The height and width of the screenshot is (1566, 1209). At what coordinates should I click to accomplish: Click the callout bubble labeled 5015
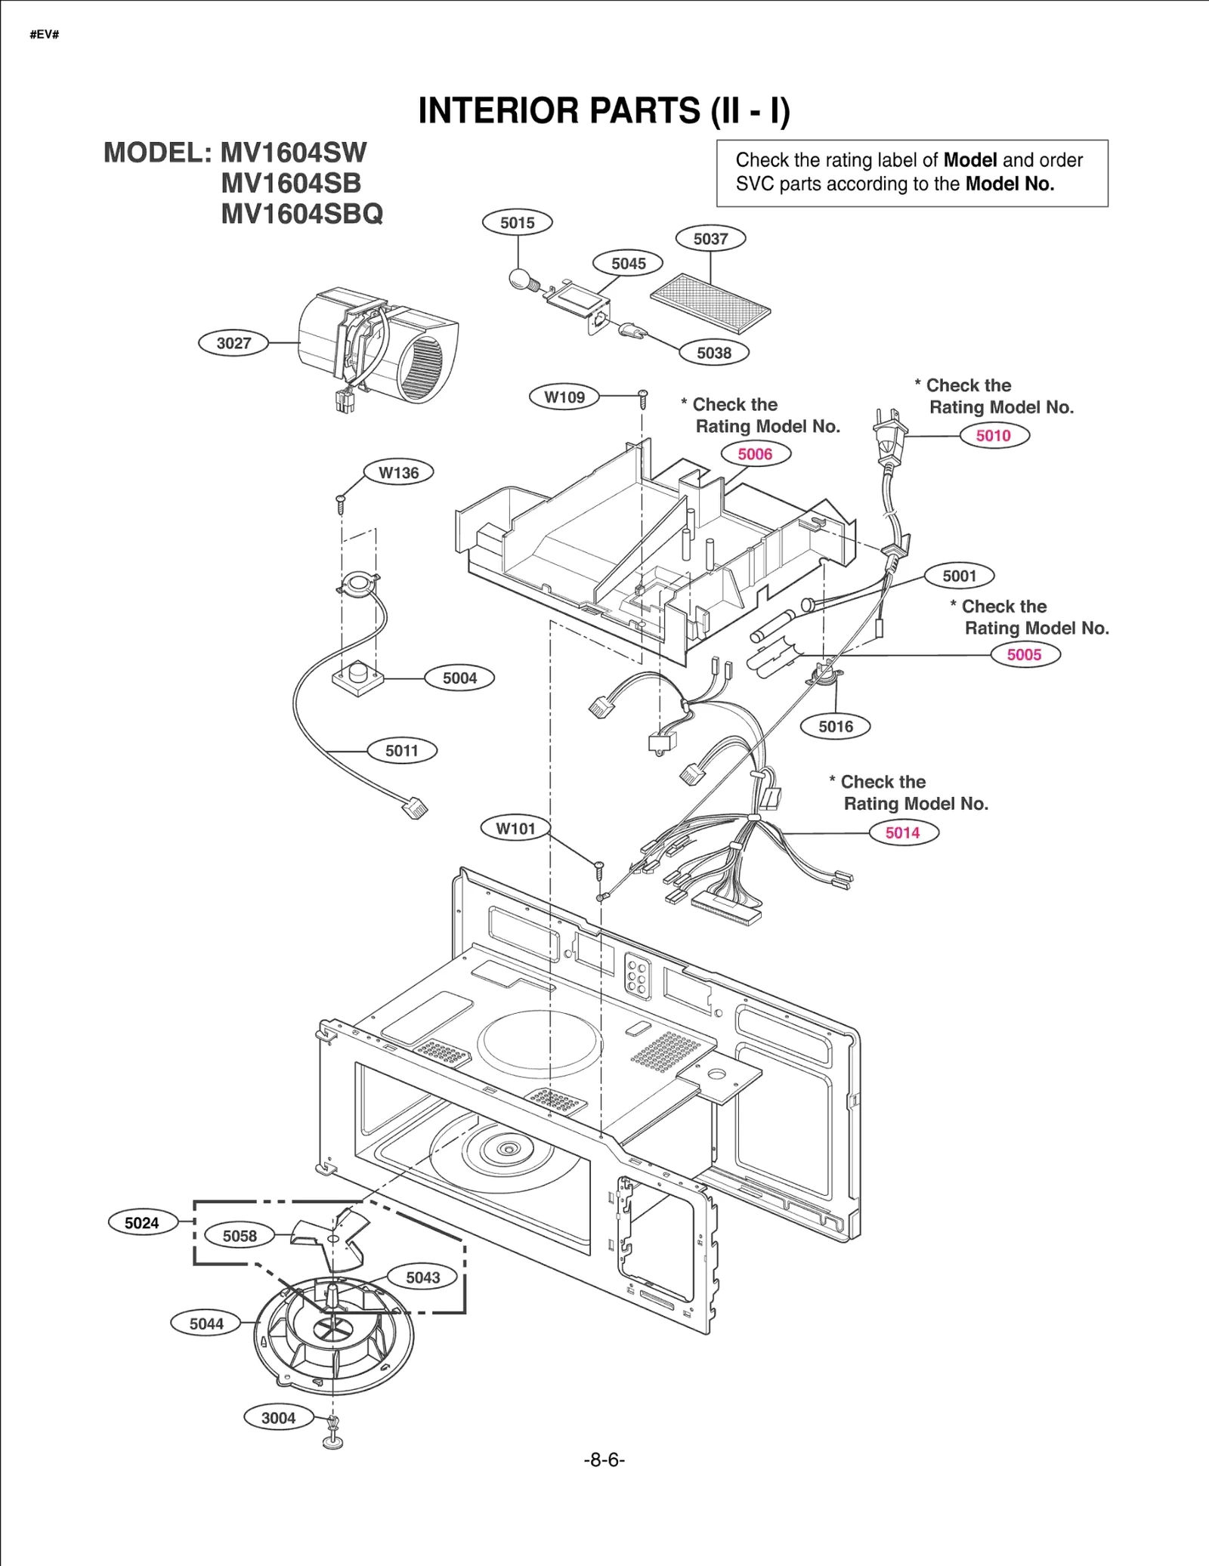pyautogui.click(x=517, y=223)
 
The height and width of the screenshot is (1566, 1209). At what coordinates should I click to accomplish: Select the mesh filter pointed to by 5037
pyautogui.click(x=710, y=303)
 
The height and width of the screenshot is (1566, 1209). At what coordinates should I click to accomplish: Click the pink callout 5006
pyautogui.click(x=755, y=454)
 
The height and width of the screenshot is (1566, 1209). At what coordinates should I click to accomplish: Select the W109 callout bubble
pyautogui.click(x=564, y=397)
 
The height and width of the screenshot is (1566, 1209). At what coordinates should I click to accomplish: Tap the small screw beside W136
pyautogui.click(x=341, y=502)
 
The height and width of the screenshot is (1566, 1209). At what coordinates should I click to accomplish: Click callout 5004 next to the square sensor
pyautogui.click(x=459, y=678)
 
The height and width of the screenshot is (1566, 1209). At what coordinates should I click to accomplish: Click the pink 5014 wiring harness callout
pyautogui.click(x=902, y=832)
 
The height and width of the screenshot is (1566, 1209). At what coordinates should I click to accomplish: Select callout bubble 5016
pyautogui.click(x=835, y=726)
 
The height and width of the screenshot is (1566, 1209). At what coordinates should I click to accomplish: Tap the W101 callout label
pyautogui.click(x=515, y=828)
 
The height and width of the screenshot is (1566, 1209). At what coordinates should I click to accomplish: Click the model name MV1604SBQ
pyautogui.click(x=301, y=214)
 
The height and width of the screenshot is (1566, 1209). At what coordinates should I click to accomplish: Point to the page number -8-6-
pyautogui.click(x=604, y=1459)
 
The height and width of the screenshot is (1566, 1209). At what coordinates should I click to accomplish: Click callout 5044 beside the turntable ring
pyautogui.click(x=206, y=1324)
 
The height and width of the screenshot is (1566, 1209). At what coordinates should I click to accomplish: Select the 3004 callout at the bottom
pyautogui.click(x=278, y=1418)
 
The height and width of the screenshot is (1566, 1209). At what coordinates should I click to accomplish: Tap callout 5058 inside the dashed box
pyautogui.click(x=240, y=1236)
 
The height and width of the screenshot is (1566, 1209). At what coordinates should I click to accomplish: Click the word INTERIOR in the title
pyautogui.click(x=499, y=111)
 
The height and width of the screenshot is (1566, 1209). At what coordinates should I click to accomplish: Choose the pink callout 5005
pyautogui.click(x=1024, y=654)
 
